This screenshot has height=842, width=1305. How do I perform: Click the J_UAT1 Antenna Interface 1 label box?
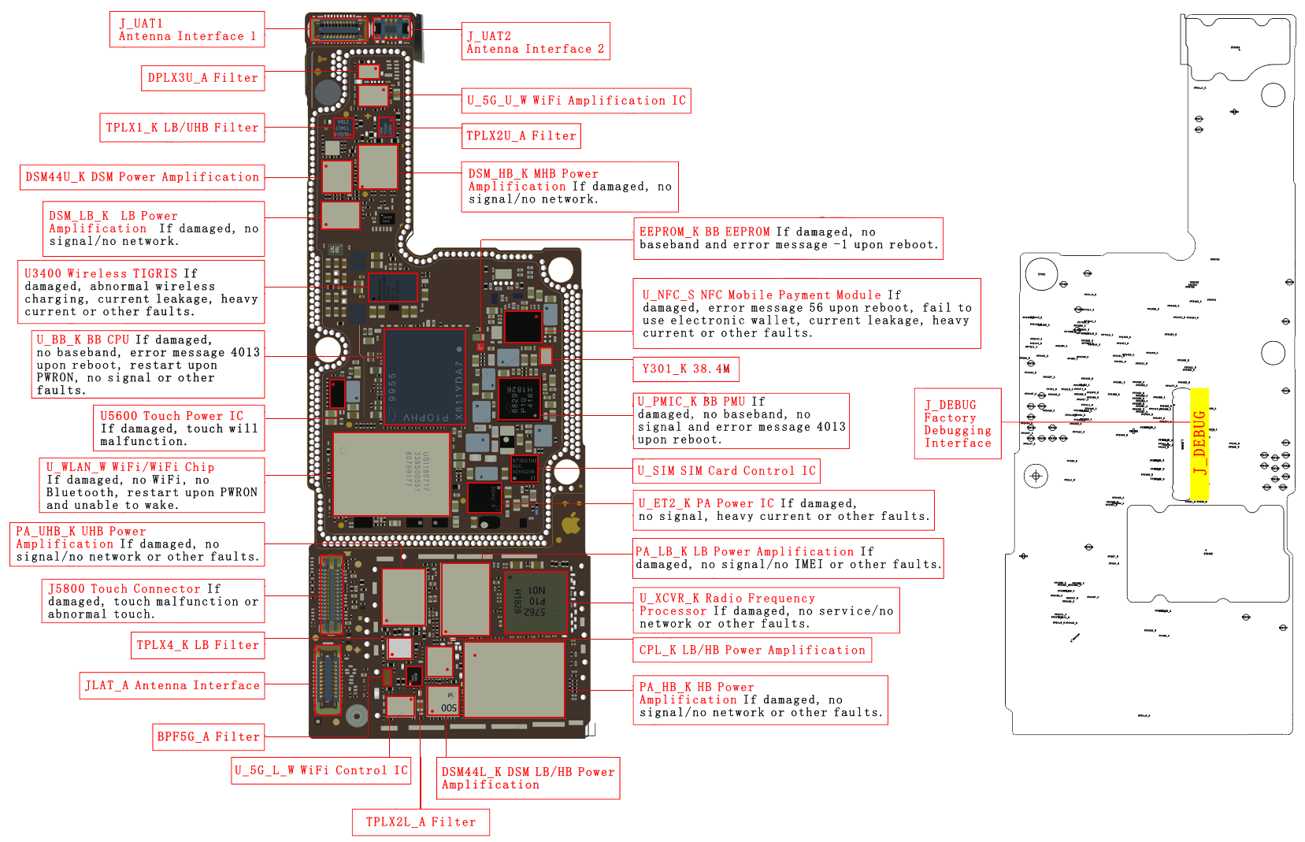click(187, 30)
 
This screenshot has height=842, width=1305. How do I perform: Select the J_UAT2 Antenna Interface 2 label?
click(536, 43)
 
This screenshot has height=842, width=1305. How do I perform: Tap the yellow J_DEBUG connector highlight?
click(1199, 443)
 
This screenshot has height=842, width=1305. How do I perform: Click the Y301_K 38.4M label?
click(686, 369)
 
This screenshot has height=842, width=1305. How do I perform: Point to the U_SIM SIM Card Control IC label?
click(726, 471)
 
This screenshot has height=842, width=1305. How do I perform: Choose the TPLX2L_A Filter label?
click(421, 822)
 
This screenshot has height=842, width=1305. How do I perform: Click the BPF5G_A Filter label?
click(209, 737)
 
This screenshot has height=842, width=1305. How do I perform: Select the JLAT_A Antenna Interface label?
click(172, 686)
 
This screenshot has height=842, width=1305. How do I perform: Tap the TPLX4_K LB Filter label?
click(198, 645)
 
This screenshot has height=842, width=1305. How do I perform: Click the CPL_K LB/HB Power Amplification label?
click(752, 650)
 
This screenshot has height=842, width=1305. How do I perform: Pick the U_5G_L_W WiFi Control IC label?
click(321, 770)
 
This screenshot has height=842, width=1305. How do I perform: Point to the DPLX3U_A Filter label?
click(203, 78)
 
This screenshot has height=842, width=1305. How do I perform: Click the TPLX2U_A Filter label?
click(521, 135)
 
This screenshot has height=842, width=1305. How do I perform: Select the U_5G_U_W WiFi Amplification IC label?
click(576, 101)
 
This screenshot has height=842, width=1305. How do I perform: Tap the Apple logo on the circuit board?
click(570, 525)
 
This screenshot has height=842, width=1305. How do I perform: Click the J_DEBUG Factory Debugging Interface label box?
click(958, 424)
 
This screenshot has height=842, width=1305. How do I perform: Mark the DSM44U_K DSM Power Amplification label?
click(142, 177)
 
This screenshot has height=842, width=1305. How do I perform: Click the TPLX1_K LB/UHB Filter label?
click(182, 128)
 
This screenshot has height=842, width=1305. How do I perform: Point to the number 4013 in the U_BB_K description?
click(245, 353)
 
